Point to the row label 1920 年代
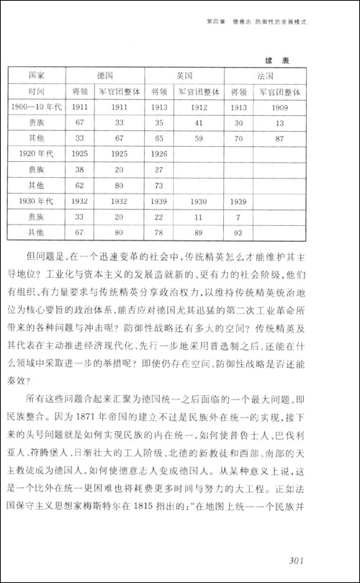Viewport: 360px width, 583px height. click(x=36, y=153)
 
